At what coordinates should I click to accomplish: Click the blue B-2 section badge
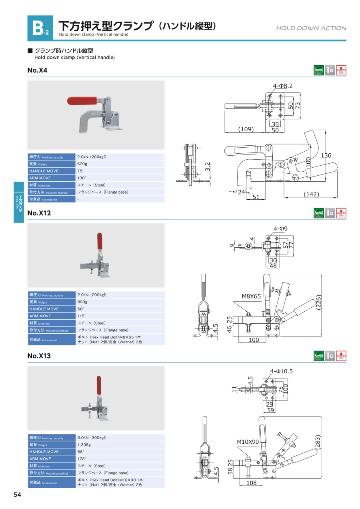pyautogui.click(x=40, y=28)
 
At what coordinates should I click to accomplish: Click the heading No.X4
pyautogui.click(x=37, y=70)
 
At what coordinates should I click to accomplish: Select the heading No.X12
pyautogui.click(x=39, y=213)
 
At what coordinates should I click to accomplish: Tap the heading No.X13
pyautogui.click(x=39, y=356)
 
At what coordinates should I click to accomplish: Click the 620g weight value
pyautogui.click(x=82, y=164)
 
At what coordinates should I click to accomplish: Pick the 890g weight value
pyautogui.click(x=82, y=302)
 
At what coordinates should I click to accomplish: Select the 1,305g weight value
pyautogui.click(x=84, y=445)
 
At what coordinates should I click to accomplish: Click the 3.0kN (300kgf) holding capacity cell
pyautogui.click(x=92, y=437)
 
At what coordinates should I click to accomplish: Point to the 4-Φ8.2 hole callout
pyautogui.click(x=283, y=86)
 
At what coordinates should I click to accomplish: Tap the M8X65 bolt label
pyautogui.click(x=251, y=297)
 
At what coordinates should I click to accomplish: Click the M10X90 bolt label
pyautogui.click(x=248, y=442)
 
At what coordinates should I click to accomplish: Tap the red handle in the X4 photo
pyautogui.click(x=82, y=100)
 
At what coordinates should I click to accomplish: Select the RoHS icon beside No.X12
pyautogui.click(x=319, y=213)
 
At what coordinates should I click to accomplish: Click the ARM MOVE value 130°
pyautogui.click(x=82, y=178)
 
